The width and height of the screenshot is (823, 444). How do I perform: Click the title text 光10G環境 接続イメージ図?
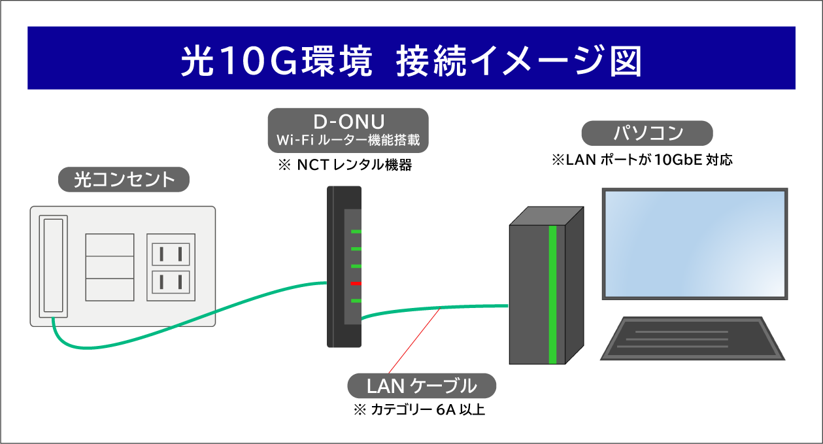point(411,60)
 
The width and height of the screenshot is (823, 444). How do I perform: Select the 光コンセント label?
point(124,179)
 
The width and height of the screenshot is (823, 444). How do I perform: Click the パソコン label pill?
point(647,133)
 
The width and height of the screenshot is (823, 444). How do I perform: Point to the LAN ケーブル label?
point(422,386)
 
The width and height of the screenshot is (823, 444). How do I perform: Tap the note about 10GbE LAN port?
point(642,160)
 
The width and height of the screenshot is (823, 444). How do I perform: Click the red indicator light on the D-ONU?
point(356,283)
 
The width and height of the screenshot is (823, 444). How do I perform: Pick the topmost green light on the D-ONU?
point(356,231)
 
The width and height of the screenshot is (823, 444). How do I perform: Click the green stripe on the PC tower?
point(553,294)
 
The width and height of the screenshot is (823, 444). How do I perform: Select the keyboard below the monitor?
point(691,338)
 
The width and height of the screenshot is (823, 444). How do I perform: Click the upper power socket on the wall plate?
point(171,254)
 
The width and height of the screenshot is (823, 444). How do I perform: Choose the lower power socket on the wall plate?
point(171,282)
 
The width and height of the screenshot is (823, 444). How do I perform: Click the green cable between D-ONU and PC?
point(445,307)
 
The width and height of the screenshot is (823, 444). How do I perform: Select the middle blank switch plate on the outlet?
point(110,267)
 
